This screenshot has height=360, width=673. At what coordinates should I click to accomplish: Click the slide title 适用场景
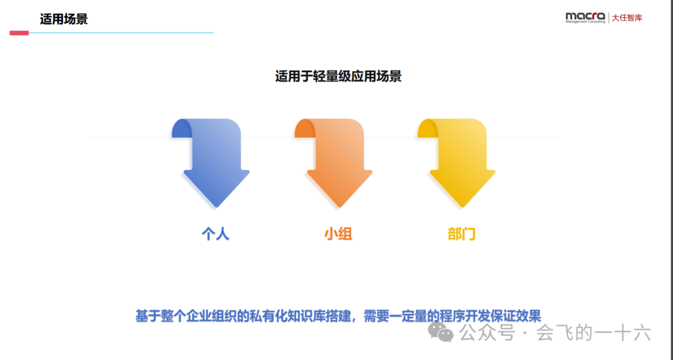64,19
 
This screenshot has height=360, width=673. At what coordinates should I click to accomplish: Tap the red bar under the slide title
19,33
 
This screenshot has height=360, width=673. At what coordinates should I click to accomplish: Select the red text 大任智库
626,17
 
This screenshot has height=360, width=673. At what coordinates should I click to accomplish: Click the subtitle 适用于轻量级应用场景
338,77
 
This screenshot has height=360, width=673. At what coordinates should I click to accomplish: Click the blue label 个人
216,234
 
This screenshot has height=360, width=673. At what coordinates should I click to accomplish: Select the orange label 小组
338,234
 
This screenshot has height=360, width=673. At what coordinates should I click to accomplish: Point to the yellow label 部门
462,234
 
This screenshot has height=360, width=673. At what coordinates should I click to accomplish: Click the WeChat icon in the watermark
444,333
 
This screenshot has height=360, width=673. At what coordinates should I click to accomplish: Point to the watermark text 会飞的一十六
593,333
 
